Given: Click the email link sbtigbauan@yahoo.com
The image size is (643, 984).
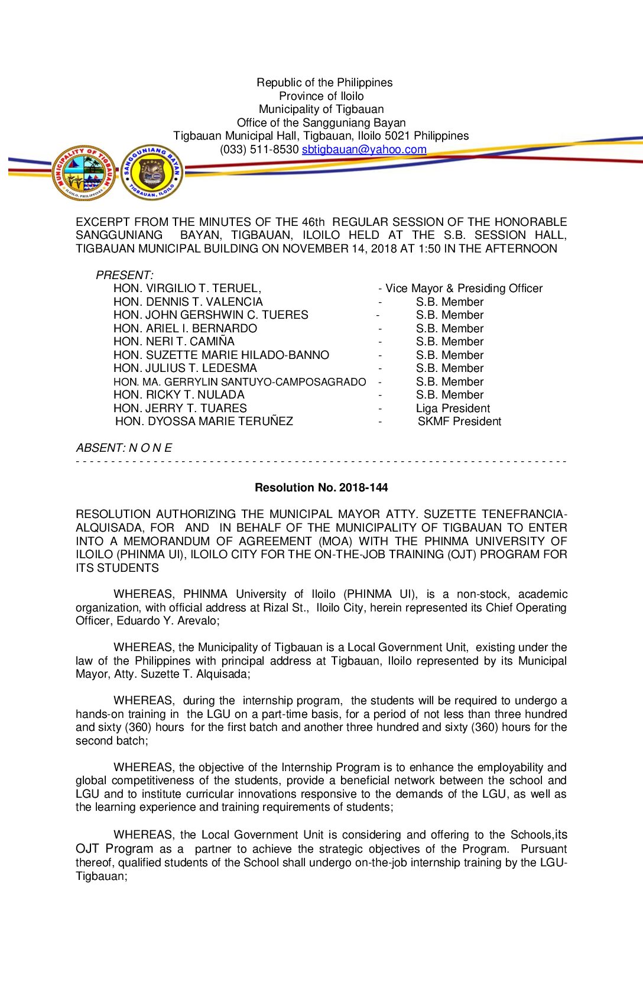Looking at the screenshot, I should pos(364,150).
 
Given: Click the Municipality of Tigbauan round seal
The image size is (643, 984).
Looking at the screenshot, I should pos(84,173).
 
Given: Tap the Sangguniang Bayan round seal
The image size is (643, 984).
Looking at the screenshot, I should pos(152,173).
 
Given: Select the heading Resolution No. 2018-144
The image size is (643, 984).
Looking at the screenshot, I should pos(321,488).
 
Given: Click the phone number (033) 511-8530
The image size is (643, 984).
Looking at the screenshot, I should pos(259,150).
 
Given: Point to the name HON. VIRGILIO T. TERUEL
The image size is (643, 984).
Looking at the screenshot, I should pos(187,289).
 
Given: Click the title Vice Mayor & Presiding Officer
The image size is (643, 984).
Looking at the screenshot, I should pos(463,289).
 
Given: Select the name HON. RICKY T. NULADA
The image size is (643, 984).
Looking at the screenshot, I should pos(178,395).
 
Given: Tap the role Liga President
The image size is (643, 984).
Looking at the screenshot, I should pos(453,409).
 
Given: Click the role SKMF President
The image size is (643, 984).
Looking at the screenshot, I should pos(459,422).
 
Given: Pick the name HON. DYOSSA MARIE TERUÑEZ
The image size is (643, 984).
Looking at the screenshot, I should pos(204,422).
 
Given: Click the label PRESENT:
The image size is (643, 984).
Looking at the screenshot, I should pos(124,276).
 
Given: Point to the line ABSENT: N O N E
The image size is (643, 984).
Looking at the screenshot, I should pos(124,448).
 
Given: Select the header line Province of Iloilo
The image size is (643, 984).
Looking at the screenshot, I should pos(321,96).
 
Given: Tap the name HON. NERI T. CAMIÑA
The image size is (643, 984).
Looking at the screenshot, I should pos(174,342).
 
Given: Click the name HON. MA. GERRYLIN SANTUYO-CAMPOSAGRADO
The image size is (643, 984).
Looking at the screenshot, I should pos(239,382).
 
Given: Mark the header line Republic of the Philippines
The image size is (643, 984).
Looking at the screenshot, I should pos(324,83).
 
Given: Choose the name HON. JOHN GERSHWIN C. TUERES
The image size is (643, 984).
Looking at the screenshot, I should pos(210,315).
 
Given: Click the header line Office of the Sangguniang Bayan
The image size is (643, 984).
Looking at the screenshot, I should pos(321,123).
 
